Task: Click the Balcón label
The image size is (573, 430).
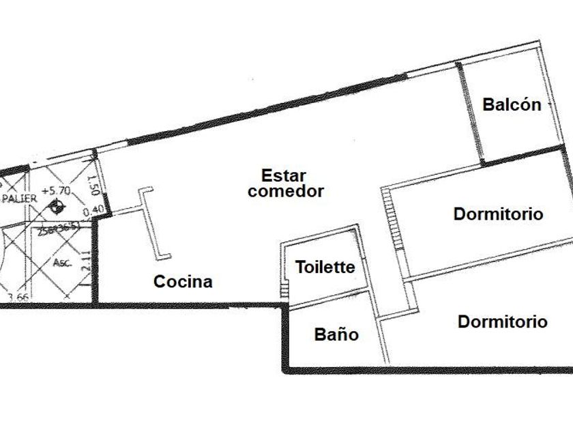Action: pos(512,104)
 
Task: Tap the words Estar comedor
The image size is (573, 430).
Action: pos(285,183)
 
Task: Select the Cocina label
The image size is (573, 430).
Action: pos(183,281)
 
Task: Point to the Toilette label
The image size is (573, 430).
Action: pos(325,267)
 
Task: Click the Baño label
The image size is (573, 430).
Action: pos(336,334)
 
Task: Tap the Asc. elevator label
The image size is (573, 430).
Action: pos(61,262)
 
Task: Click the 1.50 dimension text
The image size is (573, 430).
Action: pos(94,184)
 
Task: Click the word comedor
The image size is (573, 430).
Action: pos(285,191)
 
